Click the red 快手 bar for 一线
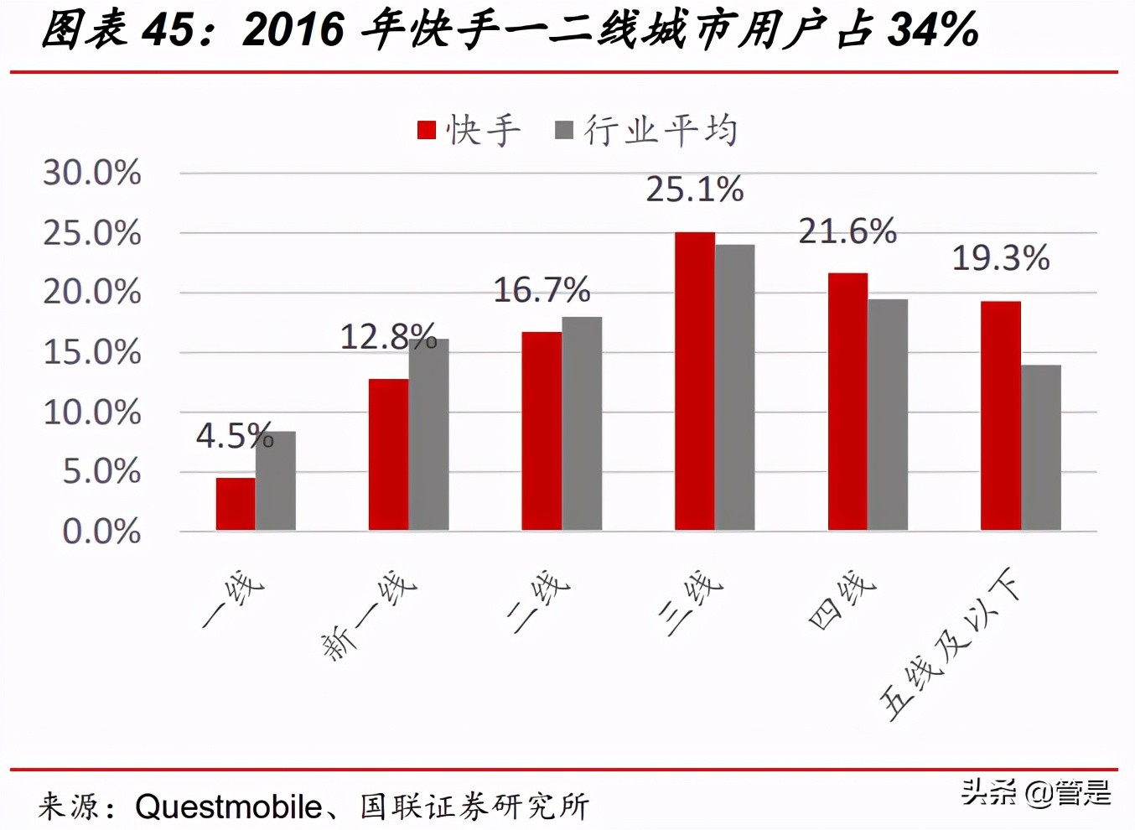point(236,504)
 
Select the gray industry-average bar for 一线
point(276,480)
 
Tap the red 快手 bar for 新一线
point(388,454)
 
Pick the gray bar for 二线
point(582,423)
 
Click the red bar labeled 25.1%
point(694,381)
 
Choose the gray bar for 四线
point(888,414)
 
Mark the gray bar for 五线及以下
point(1041,448)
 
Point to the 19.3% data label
point(1000,258)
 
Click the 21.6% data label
point(847,231)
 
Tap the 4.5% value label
point(235,436)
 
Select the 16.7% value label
point(542,290)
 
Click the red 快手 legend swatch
point(427,130)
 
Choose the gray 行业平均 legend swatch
point(564,130)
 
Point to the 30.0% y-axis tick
point(92,173)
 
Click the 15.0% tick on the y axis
point(92,352)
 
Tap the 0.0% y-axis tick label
point(101,532)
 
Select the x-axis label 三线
point(691,601)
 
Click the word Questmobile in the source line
point(228,807)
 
